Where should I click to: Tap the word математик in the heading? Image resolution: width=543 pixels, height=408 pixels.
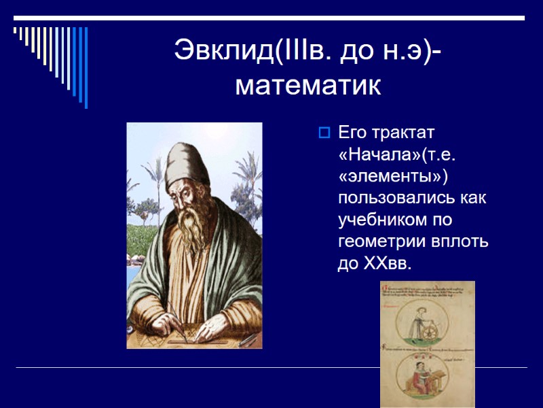click(x=307, y=86)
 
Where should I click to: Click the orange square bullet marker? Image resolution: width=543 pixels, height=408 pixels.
click(x=324, y=131)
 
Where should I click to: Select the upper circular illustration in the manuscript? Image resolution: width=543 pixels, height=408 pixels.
click(x=428, y=320)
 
